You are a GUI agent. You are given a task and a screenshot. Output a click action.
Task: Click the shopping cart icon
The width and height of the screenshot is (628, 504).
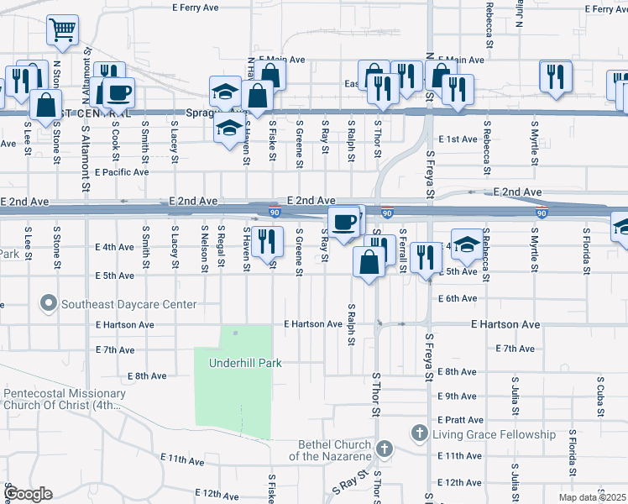62,30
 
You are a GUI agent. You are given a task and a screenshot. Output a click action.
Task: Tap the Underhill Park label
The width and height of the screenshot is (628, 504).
244,363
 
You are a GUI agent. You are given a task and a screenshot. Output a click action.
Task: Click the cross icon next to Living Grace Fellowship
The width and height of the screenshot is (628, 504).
420,433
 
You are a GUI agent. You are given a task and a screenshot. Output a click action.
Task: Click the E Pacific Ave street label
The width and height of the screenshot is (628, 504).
122,172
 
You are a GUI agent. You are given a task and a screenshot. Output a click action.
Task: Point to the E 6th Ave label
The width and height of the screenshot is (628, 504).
458,298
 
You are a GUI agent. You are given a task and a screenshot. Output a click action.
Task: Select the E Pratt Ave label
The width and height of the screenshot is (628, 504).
461,419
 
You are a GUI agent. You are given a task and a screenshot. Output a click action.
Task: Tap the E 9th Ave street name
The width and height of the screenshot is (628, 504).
458,396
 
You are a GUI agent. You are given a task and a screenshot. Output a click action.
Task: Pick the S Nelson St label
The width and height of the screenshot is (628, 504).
204,248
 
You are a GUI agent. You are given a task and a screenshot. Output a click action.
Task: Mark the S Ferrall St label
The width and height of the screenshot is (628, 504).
403,249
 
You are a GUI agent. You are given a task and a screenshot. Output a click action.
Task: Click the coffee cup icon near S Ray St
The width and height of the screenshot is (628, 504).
343,223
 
